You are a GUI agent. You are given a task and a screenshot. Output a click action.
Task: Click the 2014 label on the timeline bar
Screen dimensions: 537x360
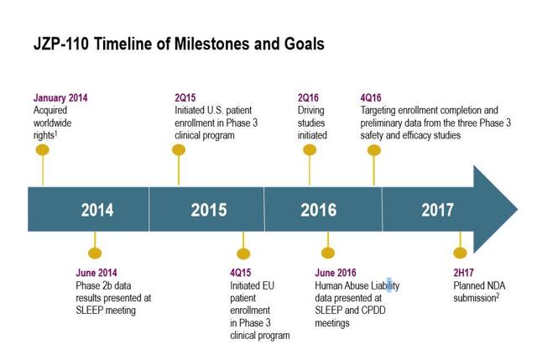(x=97, y=210)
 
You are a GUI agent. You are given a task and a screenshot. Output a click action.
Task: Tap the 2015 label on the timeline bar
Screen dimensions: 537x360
(x=209, y=210)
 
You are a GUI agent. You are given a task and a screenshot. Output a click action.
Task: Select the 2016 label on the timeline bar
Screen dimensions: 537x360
(x=319, y=210)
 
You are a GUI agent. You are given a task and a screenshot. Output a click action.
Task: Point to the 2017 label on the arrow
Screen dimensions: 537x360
(x=438, y=210)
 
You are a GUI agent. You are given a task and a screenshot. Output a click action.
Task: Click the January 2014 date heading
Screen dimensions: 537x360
(x=60, y=98)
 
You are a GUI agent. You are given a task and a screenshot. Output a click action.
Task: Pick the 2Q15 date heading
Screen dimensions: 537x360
(x=185, y=98)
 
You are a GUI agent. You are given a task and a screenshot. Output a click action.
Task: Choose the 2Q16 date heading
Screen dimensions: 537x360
(x=308, y=98)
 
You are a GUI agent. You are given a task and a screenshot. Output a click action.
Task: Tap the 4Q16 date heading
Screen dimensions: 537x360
(x=371, y=98)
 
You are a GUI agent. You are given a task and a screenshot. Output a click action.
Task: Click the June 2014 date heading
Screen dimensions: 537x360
(x=96, y=273)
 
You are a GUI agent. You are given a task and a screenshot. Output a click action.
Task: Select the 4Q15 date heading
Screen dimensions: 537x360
(x=241, y=273)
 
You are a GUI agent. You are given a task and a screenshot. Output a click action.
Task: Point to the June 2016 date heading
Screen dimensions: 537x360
(x=336, y=273)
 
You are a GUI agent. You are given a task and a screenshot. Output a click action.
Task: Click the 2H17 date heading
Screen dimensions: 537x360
(x=463, y=273)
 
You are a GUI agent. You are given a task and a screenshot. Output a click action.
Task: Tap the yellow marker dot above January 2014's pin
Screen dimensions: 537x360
(x=43, y=150)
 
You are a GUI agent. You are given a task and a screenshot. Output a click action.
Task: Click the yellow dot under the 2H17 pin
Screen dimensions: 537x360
(x=460, y=253)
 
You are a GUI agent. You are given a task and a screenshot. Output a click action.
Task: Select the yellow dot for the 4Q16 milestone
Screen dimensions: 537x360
(x=374, y=150)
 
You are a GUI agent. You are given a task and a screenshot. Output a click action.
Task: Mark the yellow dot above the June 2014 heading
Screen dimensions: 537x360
(x=95, y=253)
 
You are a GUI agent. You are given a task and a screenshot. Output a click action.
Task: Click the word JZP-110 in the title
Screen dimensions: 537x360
(x=61, y=44)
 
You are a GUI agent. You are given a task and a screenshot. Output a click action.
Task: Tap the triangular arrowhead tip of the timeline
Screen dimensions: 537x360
(x=517, y=209)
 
